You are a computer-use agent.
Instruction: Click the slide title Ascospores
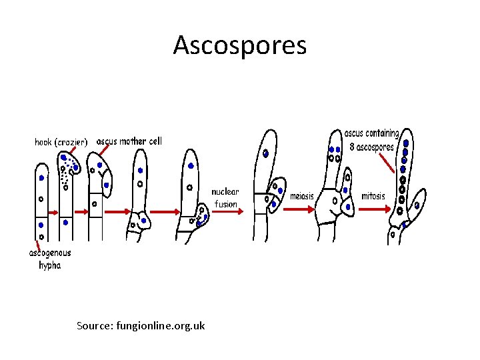[x=239, y=45]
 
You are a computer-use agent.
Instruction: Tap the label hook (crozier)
[x=61, y=142]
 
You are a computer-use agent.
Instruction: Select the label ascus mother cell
[x=129, y=141]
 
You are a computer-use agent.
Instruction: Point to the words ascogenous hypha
[x=49, y=259]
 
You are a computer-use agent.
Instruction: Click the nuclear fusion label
[x=225, y=197]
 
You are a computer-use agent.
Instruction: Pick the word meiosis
[x=302, y=197]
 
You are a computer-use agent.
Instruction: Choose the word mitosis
[x=373, y=197]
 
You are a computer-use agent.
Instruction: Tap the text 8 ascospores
[x=371, y=147]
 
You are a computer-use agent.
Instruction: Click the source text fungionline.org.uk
[x=141, y=325]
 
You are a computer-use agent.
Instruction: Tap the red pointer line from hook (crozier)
[x=82, y=155]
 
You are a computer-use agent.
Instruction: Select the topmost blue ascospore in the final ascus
[x=406, y=143]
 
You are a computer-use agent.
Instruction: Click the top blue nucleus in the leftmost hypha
[x=41, y=178]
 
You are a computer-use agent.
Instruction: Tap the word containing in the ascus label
[x=383, y=134]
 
